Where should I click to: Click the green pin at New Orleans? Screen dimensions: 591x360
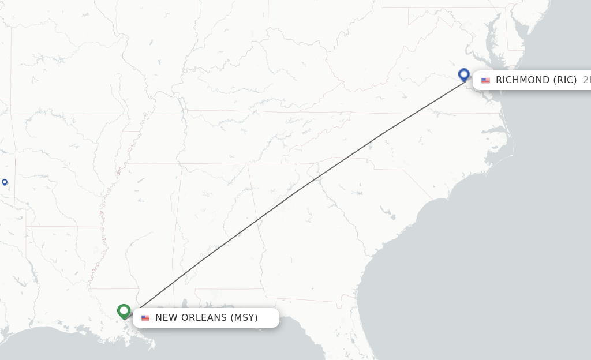click(124, 311)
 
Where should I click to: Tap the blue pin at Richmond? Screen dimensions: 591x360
click(464, 74)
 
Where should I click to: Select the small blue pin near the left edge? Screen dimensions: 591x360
click(5, 182)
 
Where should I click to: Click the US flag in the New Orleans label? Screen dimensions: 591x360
click(145, 318)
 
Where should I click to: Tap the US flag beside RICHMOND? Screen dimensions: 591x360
click(485, 80)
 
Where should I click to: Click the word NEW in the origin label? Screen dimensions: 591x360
click(166, 318)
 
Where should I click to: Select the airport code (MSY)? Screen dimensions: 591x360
click(244, 318)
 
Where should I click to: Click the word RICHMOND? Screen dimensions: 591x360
click(523, 80)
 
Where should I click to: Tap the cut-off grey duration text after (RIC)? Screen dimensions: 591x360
click(586, 80)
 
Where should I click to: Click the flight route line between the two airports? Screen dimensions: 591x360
click(294, 193)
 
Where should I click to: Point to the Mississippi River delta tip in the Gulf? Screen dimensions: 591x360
click(154, 347)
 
